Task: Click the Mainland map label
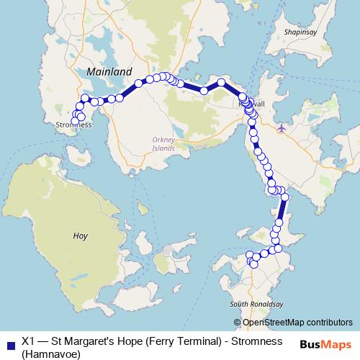click(109, 72)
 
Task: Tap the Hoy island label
click(81, 235)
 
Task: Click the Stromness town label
click(73, 125)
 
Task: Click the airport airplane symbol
click(281, 128)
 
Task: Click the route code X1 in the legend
click(30, 341)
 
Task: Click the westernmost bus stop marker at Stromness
click(74, 121)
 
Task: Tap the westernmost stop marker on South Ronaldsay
click(250, 254)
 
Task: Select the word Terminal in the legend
click(204, 341)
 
